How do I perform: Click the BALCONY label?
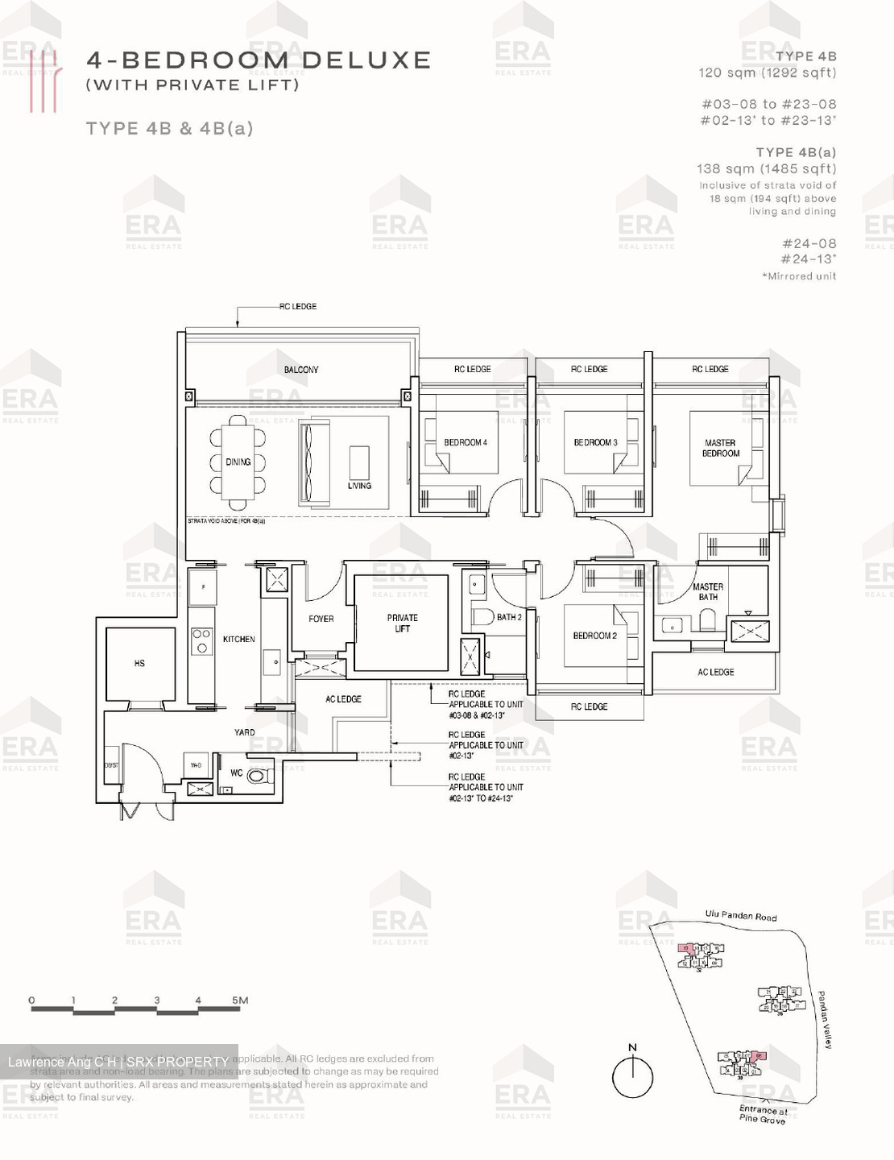[301, 370]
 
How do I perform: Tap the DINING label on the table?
[238, 462]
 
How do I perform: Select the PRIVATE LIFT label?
[402, 623]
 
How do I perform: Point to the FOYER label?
[321, 619]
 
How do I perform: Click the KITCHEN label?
[238, 639]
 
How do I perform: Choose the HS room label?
[139, 663]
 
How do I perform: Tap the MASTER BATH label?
[708, 592]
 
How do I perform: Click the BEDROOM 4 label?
[465, 442]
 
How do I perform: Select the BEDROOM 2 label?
[594, 636]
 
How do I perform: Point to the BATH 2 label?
[509, 617]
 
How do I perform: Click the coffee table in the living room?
[359, 462]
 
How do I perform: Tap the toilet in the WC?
[256, 776]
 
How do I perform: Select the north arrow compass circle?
[632, 1077]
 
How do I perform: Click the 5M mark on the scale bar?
[240, 1000]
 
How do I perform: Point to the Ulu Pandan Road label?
[741, 916]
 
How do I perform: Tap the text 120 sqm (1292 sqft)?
[767, 72]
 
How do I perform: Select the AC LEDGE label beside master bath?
[715, 672]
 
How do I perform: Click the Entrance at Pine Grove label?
[763, 1115]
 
